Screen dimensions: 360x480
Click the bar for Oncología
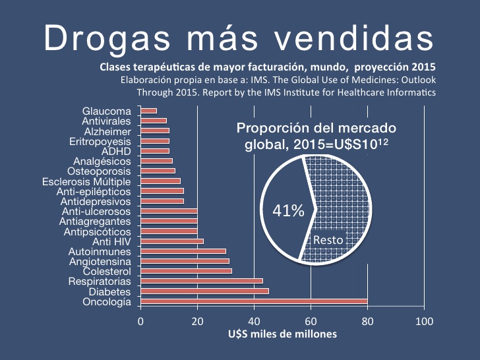point(254,302)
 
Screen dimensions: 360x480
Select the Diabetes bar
point(204,291)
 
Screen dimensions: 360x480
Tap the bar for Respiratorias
point(202,282)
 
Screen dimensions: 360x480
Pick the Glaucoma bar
point(148,111)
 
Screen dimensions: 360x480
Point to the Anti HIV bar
point(172,241)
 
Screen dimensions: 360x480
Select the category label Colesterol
point(107,272)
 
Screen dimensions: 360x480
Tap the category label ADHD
point(117,151)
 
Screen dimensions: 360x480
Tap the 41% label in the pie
point(289,211)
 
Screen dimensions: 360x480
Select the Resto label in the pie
point(328,240)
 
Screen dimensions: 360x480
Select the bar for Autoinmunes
point(183,251)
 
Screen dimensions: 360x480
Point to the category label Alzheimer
point(107,131)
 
